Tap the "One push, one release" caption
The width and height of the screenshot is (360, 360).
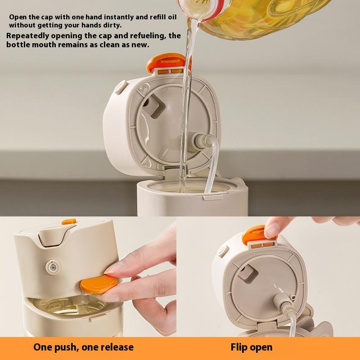(x=83, y=347)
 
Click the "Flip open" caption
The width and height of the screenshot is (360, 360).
(x=252, y=347)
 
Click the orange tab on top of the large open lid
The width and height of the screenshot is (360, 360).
(x=166, y=62)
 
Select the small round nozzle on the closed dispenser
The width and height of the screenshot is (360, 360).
(x=53, y=267)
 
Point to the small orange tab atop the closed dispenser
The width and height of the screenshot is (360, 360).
(x=69, y=221)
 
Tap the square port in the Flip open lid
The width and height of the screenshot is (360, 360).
(x=247, y=274)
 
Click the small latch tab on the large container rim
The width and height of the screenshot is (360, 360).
(x=212, y=197)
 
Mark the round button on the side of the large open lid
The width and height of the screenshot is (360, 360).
(x=121, y=87)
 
